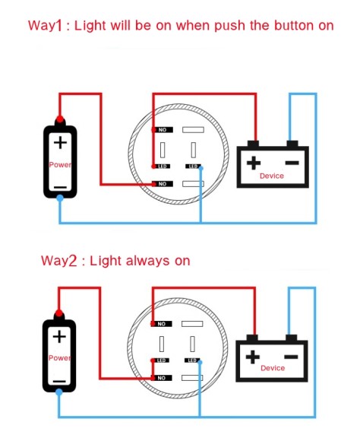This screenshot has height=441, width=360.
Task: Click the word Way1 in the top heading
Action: (x=45, y=26)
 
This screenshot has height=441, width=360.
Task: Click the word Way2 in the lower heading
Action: (x=58, y=261)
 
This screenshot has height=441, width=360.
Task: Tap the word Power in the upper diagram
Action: (x=60, y=164)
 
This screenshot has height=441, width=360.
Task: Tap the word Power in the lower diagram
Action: (x=59, y=358)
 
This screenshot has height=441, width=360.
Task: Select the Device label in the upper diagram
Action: (x=272, y=176)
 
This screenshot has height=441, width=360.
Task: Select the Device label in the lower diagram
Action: (x=273, y=368)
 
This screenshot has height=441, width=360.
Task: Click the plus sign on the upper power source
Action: (x=61, y=143)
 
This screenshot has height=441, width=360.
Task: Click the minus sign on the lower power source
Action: (x=59, y=382)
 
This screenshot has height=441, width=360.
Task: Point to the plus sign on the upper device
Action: (x=254, y=163)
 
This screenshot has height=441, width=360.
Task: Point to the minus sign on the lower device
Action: (x=291, y=357)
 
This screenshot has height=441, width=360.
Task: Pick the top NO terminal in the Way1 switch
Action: (x=163, y=130)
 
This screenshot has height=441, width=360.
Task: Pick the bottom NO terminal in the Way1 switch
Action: (x=163, y=184)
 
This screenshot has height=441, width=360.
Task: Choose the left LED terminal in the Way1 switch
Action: (x=161, y=167)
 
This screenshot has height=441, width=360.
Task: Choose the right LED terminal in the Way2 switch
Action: (x=192, y=360)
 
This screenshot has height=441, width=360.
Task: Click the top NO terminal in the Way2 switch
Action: (x=162, y=324)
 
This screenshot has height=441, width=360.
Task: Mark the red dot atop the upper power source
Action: (x=59, y=119)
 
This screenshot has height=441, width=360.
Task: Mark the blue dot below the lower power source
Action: (x=59, y=392)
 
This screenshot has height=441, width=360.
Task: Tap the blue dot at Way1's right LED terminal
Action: (x=201, y=168)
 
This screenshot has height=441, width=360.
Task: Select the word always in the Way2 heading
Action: (x=147, y=262)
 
